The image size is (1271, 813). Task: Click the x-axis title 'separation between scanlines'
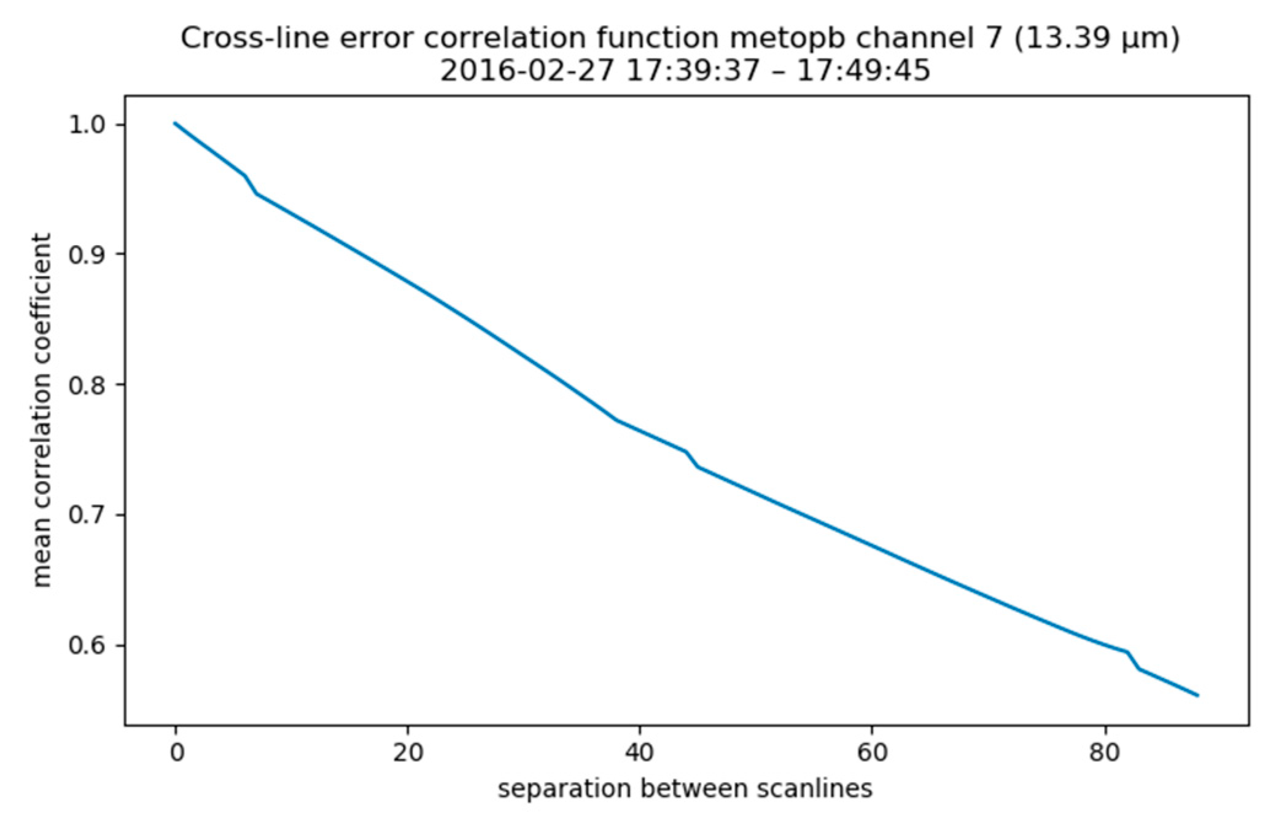coord(685,788)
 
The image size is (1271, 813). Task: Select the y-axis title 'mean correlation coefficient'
coord(42,410)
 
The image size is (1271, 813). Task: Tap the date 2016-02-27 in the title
coord(526,71)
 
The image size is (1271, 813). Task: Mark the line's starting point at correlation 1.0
coord(176,124)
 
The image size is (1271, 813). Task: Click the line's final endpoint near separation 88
coord(1197,696)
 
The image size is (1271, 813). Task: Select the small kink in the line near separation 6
coord(246,177)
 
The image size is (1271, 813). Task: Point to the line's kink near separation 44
coord(686,452)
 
